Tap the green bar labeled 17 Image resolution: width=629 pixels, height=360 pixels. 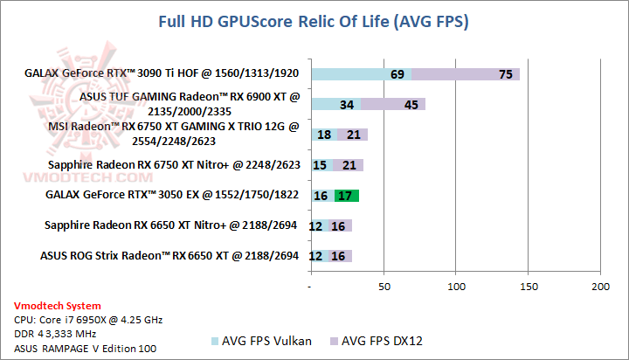[x=347, y=195]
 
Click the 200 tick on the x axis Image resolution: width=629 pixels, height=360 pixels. [x=600, y=287]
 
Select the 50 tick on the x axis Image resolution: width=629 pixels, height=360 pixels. [x=383, y=287]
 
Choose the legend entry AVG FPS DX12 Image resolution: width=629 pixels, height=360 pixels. [x=378, y=340]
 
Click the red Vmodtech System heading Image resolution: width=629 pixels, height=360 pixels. [x=58, y=306]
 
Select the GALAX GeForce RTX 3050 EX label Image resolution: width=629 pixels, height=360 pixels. [x=176, y=195]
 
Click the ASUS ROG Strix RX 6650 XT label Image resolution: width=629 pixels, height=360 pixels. [x=169, y=256]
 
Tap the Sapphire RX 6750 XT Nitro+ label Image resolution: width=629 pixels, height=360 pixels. [x=180, y=164]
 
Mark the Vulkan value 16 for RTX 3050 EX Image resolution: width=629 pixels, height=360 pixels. [x=321, y=195]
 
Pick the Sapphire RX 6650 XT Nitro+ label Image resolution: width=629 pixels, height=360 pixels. [x=171, y=225]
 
